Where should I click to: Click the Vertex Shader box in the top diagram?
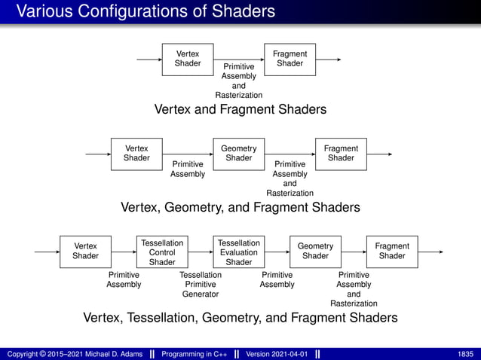[188, 59]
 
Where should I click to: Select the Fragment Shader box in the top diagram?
[290, 59]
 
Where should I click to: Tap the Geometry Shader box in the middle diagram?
[239, 154]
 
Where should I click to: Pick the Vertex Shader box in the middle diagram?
[136, 154]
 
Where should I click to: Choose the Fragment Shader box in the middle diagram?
[341, 154]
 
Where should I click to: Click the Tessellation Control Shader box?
[162, 252]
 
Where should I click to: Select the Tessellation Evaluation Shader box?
[239, 252]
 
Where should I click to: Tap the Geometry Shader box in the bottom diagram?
[315, 252]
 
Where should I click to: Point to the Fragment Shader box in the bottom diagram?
[392, 252]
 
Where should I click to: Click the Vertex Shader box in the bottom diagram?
[85, 252]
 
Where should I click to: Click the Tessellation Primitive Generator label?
[201, 285]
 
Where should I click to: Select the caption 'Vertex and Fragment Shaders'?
[240, 110]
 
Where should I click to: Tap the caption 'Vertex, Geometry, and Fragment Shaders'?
[240, 207]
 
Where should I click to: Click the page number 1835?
[465, 353]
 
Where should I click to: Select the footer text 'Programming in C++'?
[195, 353]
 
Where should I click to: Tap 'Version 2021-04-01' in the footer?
[275, 353]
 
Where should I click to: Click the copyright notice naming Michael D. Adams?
[75, 353]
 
